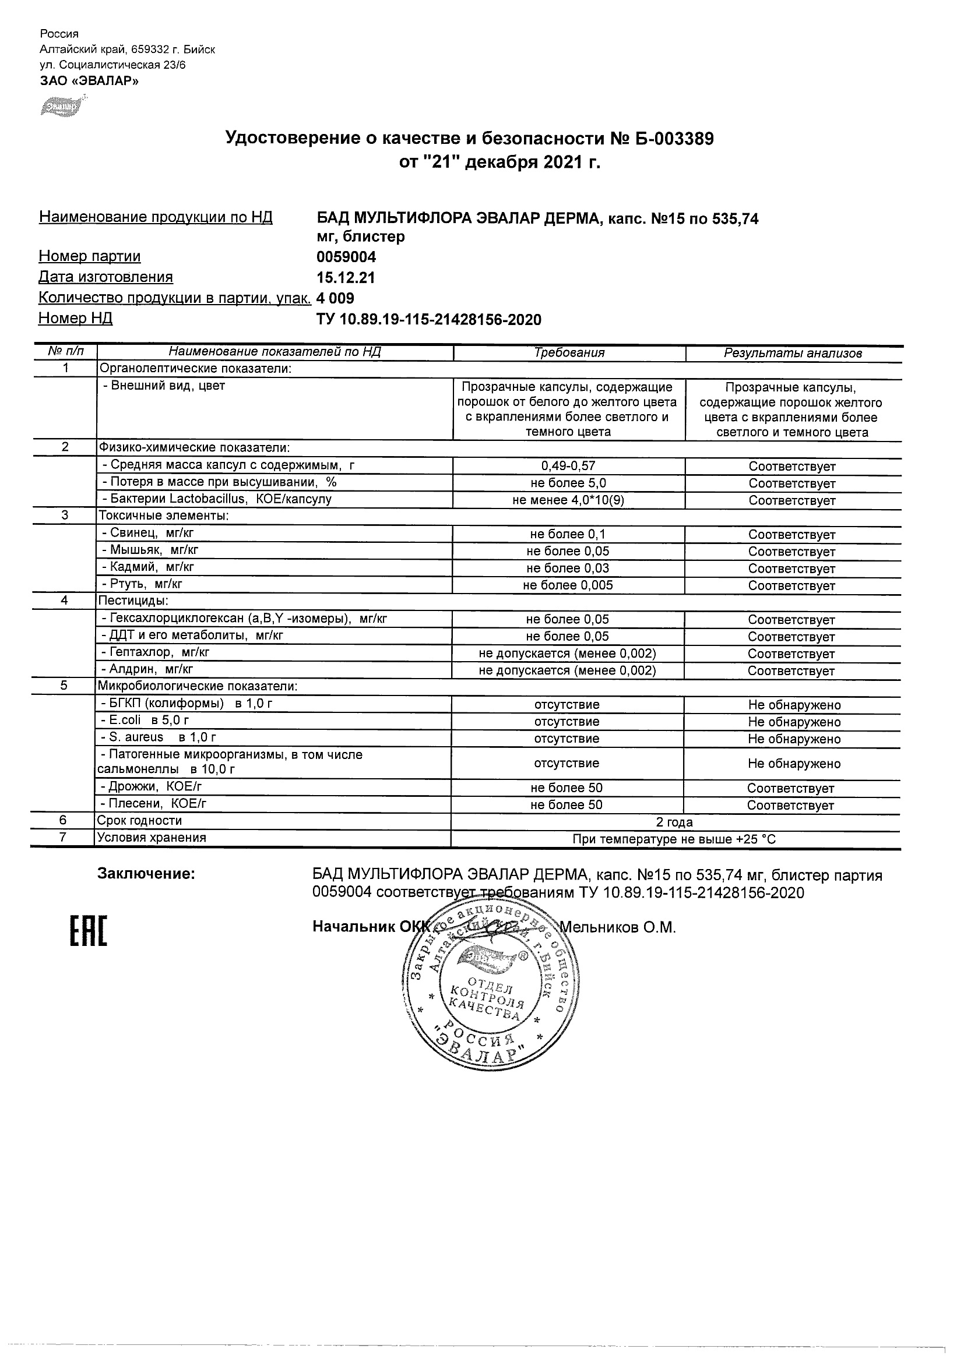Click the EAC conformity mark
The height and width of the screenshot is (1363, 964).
point(88,930)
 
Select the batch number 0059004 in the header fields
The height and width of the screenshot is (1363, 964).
point(346,257)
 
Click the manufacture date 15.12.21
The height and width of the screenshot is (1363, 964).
point(346,278)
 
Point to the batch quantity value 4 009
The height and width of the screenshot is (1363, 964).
point(336,298)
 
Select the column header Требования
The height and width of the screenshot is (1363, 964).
point(568,353)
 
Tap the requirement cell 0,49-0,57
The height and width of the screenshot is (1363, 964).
point(568,467)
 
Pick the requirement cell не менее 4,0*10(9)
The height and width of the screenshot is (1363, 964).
point(568,500)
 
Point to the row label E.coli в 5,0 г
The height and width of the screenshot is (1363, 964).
point(146,721)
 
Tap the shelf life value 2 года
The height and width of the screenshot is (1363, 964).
point(674,822)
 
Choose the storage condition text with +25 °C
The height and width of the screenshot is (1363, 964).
point(674,839)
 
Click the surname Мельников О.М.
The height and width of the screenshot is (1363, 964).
point(618,927)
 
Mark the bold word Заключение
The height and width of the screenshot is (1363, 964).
point(146,874)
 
